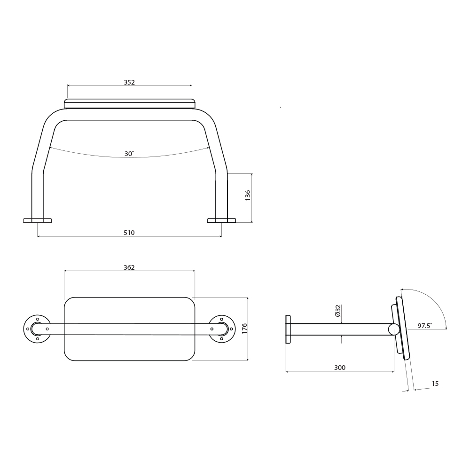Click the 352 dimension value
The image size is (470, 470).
[x=129, y=82]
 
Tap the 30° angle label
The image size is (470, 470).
[x=129, y=154]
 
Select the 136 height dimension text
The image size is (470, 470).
[x=248, y=196]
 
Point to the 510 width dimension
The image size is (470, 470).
[x=129, y=233]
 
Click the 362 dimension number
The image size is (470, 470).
[x=129, y=267]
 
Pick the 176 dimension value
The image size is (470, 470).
[x=244, y=329]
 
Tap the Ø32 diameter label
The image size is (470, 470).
[x=338, y=311]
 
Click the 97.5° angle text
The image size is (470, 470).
[x=425, y=326]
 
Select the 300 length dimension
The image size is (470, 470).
[x=340, y=368]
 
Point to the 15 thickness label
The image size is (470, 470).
[x=435, y=384]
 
